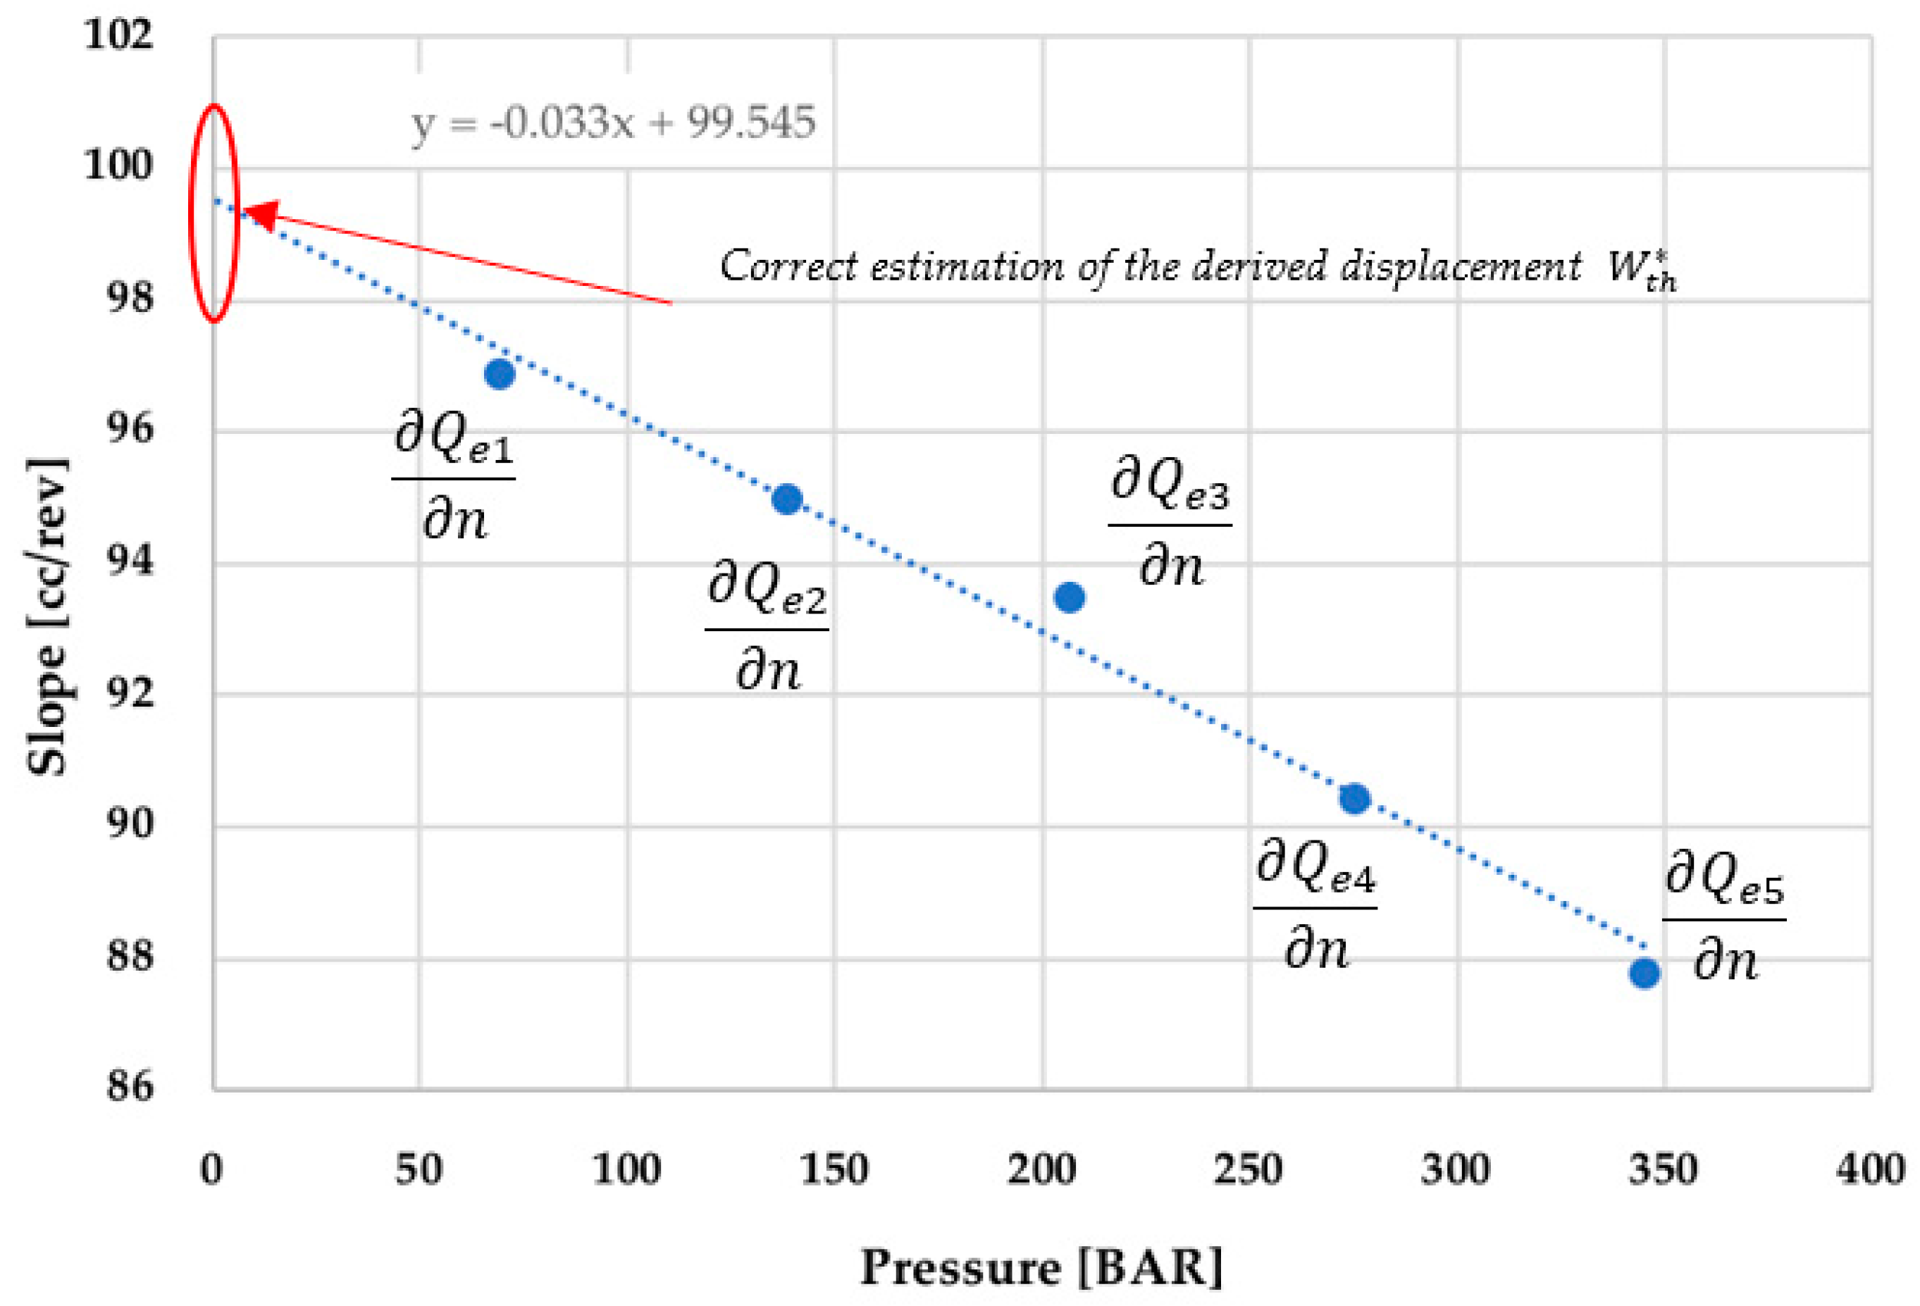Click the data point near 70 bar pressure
pyautogui.click(x=499, y=374)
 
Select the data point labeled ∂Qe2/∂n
pyautogui.click(x=786, y=498)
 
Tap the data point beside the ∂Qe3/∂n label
pyautogui.click(x=1069, y=597)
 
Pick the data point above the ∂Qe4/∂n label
pyautogui.click(x=1354, y=798)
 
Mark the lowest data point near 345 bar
pyautogui.click(x=1644, y=973)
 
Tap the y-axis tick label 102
pyautogui.click(x=119, y=35)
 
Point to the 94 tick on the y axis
pyautogui.click(x=130, y=561)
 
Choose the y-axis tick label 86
pyautogui.click(x=130, y=1087)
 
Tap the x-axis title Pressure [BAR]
pyautogui.click(x=1041, y=1267)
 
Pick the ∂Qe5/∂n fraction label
pyautogui.click(x=1723, y=917)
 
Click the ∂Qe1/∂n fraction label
pyautogui.click(x=453, y=477)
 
